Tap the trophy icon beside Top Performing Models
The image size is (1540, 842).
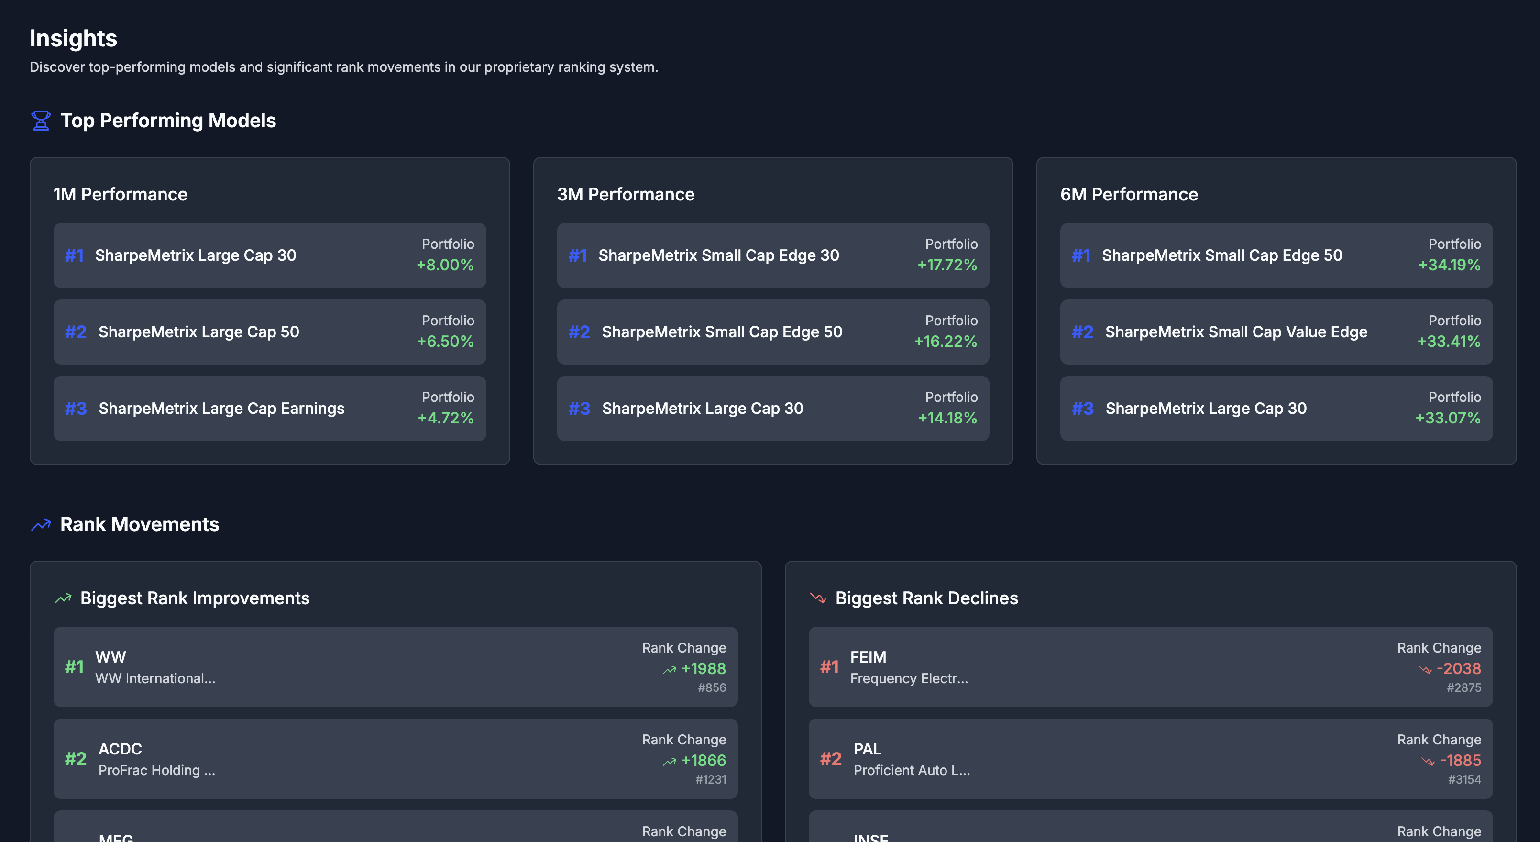tap(41, 121)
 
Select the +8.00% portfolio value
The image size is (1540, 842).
tap(445, 265)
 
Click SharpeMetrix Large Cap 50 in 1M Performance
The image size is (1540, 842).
tap(198, 332)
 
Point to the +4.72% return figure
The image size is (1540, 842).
tap(445, 418)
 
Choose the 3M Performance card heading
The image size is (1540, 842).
tap(626, 194)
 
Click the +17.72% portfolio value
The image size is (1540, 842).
tap(947, 265)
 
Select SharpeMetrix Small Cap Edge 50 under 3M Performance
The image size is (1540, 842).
tap(722, 332)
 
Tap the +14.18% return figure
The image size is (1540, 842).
tap(947, 418)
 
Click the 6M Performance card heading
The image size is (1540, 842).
tap(1129, 194)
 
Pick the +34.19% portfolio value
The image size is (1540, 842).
tap(1449, 265)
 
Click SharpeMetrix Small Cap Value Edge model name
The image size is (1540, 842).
tap(1236, 332)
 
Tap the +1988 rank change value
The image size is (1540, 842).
tap(704, 669)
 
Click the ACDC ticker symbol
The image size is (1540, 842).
tap(120, 749)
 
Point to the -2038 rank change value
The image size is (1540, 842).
tap(1459, 669)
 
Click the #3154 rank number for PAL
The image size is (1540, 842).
tap(1464, 779)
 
